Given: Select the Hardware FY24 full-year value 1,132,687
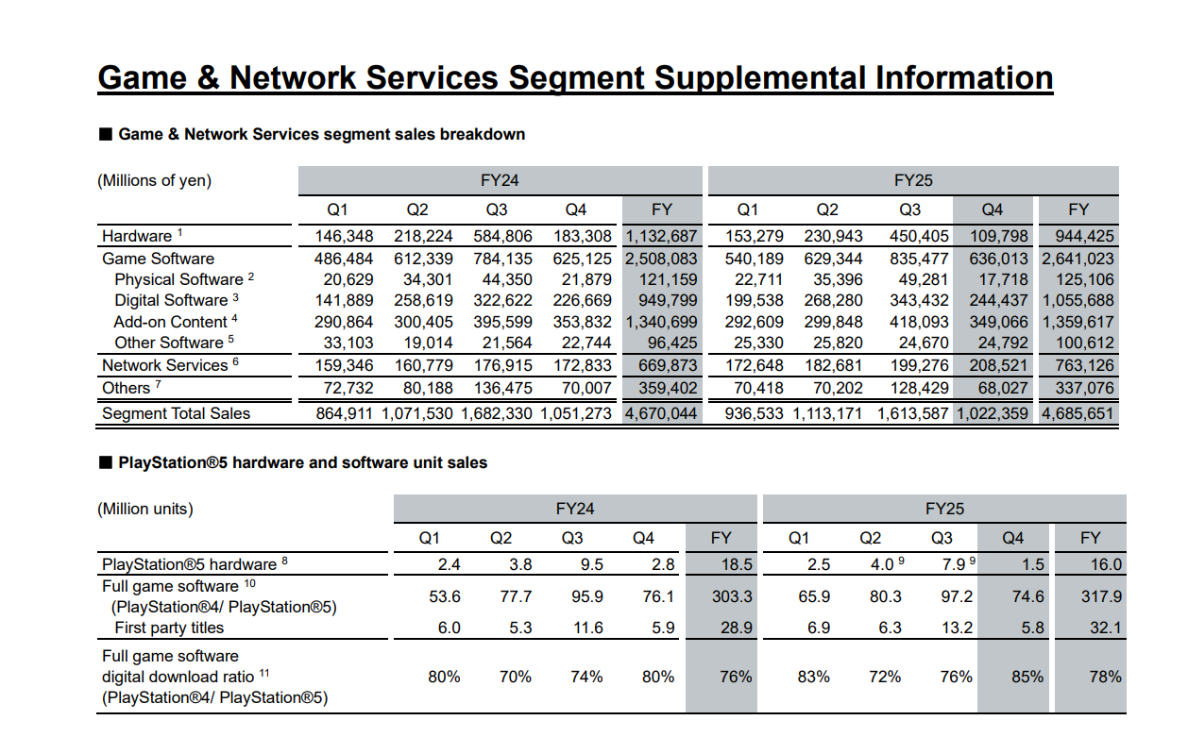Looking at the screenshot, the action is point(661,236).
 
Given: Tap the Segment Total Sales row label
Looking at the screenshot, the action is point(176,413).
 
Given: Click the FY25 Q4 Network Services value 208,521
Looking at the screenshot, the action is point(998,365).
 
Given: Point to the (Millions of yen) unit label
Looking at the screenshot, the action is point(154,180).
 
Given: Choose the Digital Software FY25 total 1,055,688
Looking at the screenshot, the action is point(1078,300).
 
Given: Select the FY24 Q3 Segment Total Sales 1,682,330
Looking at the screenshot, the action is point(496,413).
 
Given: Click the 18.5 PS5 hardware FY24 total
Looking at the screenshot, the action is point(737,564).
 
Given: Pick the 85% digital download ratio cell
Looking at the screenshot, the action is point(1027,677).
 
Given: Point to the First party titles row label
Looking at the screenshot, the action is point(169,628).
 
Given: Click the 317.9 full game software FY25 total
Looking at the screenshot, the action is point(1101,596).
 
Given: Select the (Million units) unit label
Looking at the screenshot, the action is point(145,510).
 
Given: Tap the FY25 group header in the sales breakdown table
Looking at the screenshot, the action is point(913,180).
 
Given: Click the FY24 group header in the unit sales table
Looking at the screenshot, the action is point(575,510).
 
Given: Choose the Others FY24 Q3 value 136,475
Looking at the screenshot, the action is point(502,388).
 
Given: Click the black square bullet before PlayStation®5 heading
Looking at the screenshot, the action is point(106,462).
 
